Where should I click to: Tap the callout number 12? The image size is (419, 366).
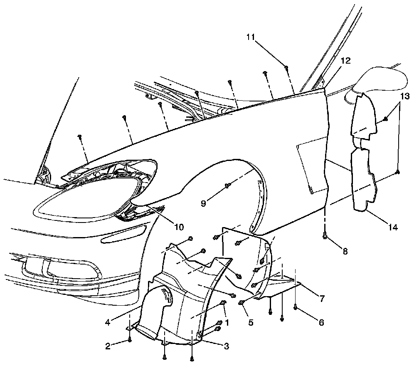coord(345,61)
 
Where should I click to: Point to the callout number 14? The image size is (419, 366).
coord(393,227)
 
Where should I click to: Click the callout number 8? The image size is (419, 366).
coord(345,251)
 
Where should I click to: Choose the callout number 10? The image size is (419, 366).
coord(179,227)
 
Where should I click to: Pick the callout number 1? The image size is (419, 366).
coord(227,322)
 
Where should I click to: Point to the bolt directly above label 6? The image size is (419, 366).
coord(295,307)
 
